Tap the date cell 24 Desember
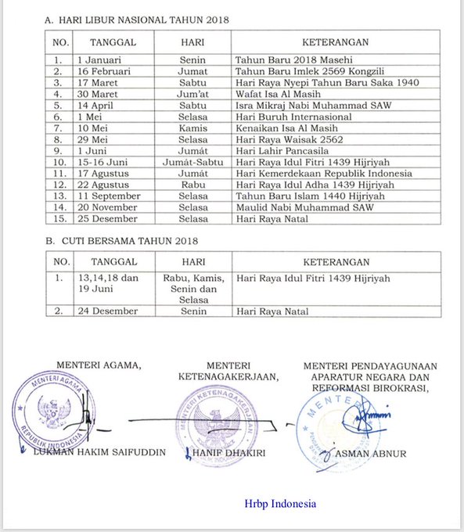(106, 311)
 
